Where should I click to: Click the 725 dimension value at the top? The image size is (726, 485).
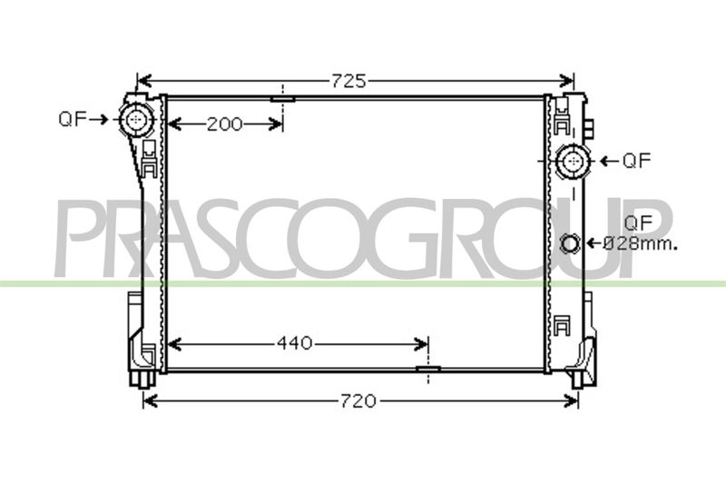[x=348, y=81]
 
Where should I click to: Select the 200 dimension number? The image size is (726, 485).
[x=224, y=124]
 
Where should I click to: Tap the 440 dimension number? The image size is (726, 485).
[x=294, y=343]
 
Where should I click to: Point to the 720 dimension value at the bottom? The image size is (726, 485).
[x=358, y=401]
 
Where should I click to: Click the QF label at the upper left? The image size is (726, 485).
[x=73, y=120]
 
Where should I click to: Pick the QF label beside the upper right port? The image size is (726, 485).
[x=637, y=161]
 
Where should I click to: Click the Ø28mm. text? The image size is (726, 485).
[x=641, y=243]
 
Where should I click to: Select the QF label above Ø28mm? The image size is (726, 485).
[x=638, y=223]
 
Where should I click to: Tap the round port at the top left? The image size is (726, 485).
[x=135, y=120]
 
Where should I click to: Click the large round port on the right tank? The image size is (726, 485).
[x=574, y=161]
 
